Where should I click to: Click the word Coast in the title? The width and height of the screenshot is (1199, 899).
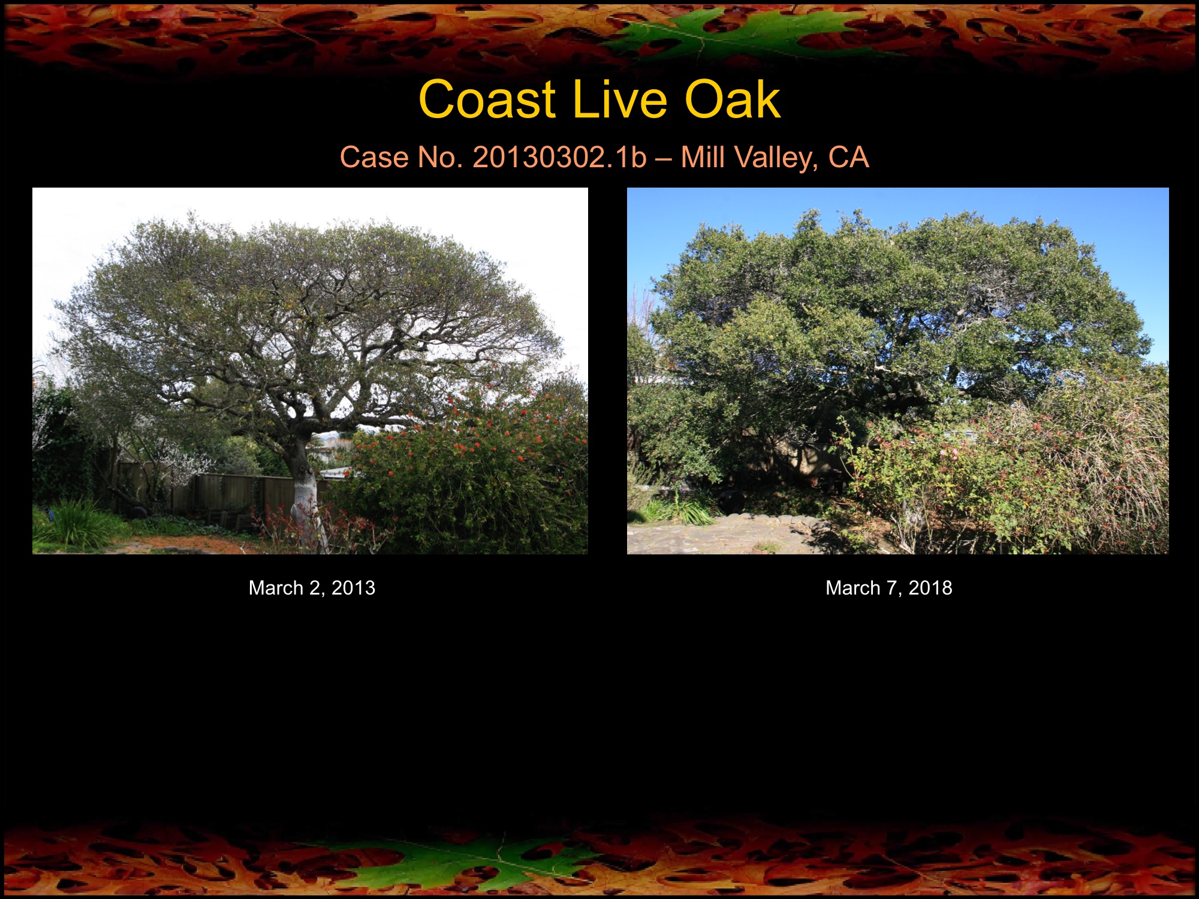coord(487,100)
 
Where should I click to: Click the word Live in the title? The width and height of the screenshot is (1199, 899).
coord(620,100)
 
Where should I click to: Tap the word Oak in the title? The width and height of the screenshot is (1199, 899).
coord(732,100)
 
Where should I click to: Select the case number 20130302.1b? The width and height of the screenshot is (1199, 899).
coord(559,158)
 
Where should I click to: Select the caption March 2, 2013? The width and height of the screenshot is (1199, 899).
coord(312,588)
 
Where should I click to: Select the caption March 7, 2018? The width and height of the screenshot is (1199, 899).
coord(888,588)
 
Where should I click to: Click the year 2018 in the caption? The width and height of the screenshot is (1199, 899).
coord(930,588)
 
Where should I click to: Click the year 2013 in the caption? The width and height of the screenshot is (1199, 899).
coord(353,588)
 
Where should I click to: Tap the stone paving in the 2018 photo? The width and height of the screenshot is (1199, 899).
coord(719,536)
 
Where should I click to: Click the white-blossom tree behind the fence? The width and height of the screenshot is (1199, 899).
coord(180,464)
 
